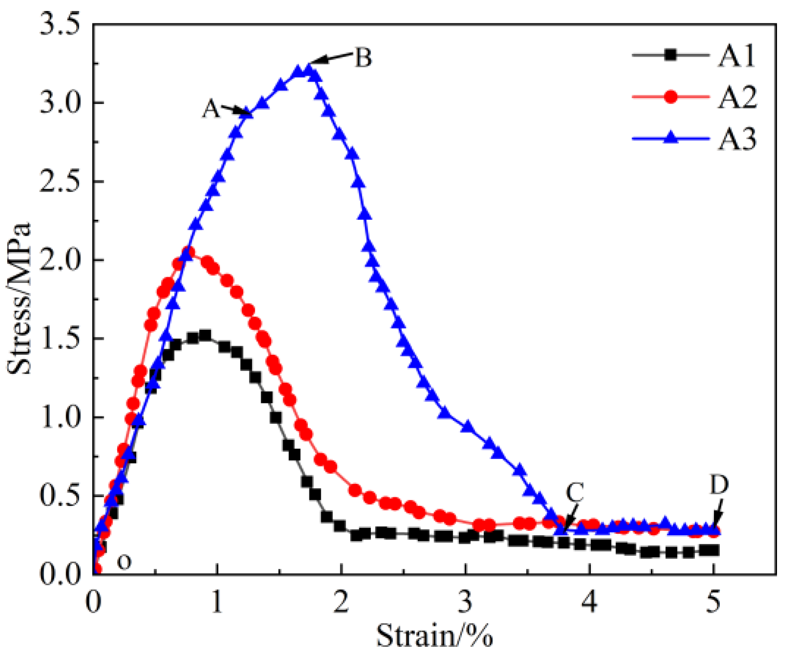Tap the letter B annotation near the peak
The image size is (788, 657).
tap(363, 58)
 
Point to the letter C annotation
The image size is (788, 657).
tap(575, 492)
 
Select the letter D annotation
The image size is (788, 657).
tap(719, 485)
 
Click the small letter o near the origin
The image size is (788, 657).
tap(124, 562)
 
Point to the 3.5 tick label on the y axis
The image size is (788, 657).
tap(60, 25)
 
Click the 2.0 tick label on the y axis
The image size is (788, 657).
tap(60, 260)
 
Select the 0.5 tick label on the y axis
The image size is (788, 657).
tap(60, 496)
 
